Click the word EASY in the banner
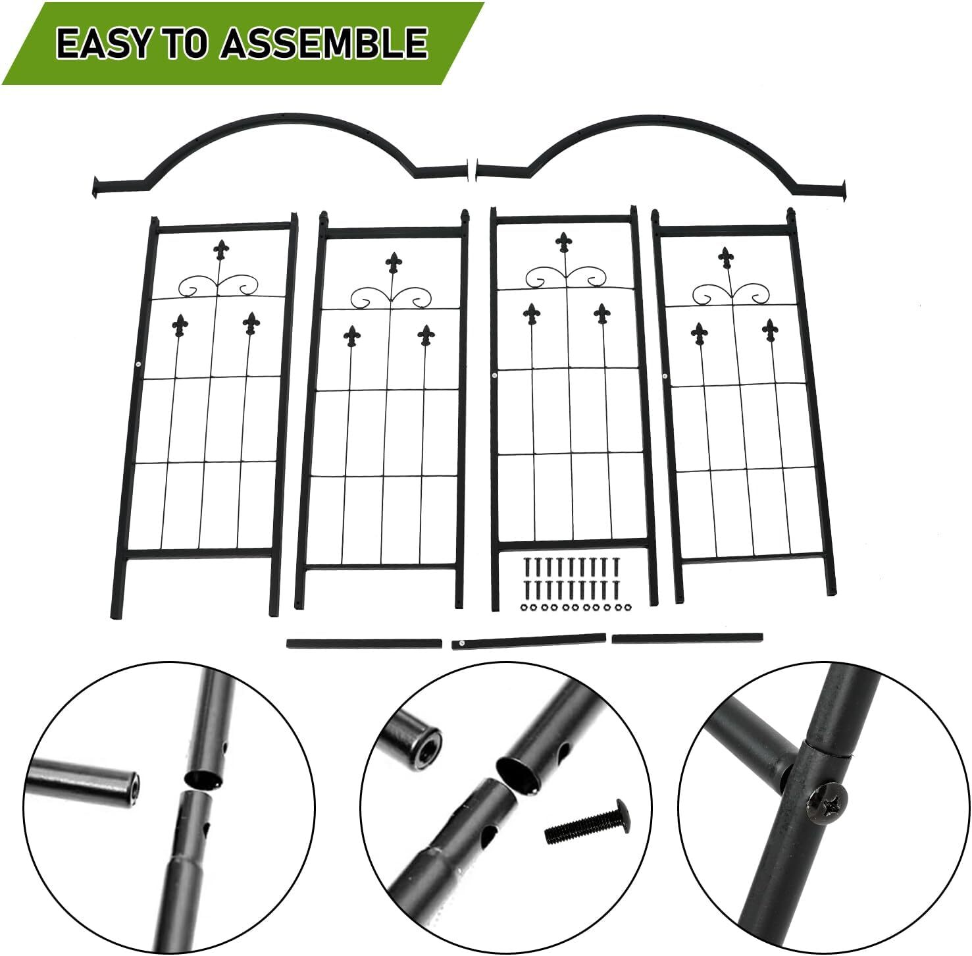[x=103, y=43]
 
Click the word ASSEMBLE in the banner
[x=324, y=43]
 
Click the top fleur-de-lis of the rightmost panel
[x=726, y=257]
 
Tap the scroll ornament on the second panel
[x=392, y=298]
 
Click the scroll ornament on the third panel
[x=565, y=277]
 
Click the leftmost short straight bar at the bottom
[x=364, y=642]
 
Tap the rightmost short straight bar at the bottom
[x=688, y=638]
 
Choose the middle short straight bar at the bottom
[x=529, y=641]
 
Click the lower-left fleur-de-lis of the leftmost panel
[x=180, y=325]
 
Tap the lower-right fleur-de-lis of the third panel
[x=601, y=314]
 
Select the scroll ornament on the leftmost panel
[x=219, y=285]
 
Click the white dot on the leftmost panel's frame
[x=138, y=365]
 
